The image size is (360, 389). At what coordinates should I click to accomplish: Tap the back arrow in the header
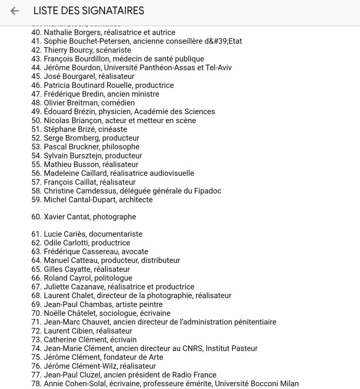coord(14,11)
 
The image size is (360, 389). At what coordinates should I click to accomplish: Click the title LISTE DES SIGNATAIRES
coord(88,11)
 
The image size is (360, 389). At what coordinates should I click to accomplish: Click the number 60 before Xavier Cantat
coord(36,217)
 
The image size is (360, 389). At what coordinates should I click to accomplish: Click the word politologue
coord(113,278)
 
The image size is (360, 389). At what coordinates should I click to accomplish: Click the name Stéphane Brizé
coord(68,130)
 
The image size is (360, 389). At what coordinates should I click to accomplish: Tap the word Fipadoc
coord(207,191)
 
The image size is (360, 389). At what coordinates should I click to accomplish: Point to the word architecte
coord(136,199)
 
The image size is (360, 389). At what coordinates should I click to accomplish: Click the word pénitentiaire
coord(250,322)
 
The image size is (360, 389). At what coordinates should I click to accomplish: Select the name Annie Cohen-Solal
coord(73,384)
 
